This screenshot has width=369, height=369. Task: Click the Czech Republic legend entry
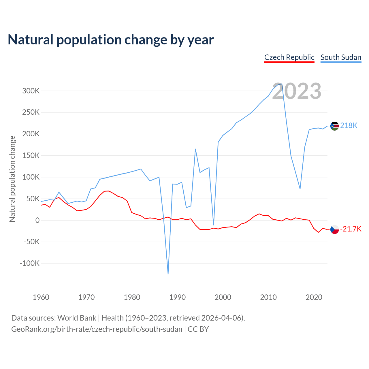click(289, 57)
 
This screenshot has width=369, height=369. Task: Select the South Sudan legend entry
click(341, 57)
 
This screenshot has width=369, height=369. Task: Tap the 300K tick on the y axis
click(31, 91)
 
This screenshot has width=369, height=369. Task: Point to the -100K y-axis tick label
click(29, 263)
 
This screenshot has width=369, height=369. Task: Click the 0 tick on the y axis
click(37, 220)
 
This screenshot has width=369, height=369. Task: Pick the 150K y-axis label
click(31, 156)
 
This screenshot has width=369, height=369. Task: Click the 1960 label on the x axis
click(41, 297)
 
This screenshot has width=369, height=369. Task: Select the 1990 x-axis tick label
click(177, 297)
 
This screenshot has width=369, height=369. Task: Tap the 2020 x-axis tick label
click(314, 297)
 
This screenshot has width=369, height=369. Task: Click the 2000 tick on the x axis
click(223, 297)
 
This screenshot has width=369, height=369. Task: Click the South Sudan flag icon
click(334, 126)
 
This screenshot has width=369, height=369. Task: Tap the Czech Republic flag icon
click(334, 229)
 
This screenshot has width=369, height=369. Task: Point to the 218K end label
click(349, 125)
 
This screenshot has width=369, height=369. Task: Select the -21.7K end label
click(351, 229)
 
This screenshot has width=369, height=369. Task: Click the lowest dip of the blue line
click(168, 274)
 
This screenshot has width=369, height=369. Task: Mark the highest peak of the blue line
click(282, 84)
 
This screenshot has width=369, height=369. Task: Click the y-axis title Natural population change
click(12, 179)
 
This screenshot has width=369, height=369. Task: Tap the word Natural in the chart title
click(31, 40)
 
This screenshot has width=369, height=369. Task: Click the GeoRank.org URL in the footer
click(97, 329)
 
